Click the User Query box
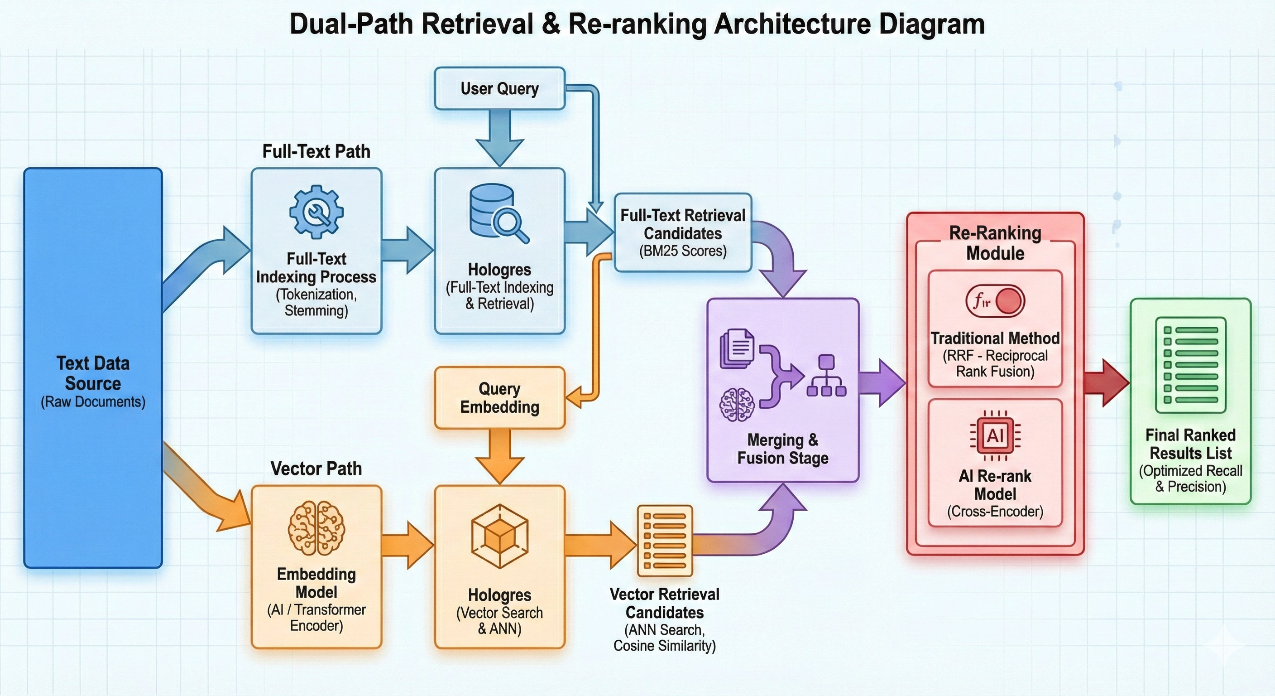coord(499,89)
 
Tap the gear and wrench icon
coord(316,212)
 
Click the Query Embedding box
coord(499,398)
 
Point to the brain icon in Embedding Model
coord(316,528)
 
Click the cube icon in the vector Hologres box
coord(499,536)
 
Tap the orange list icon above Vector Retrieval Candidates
coord(665,541)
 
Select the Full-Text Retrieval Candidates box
coord(682,233)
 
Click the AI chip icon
coord(995,436)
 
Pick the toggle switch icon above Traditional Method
coord(995,301)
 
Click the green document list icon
coord(1190,365)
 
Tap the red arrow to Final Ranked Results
coord(1107,383)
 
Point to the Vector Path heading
coord(316,469)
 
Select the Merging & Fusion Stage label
coord(782,449)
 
